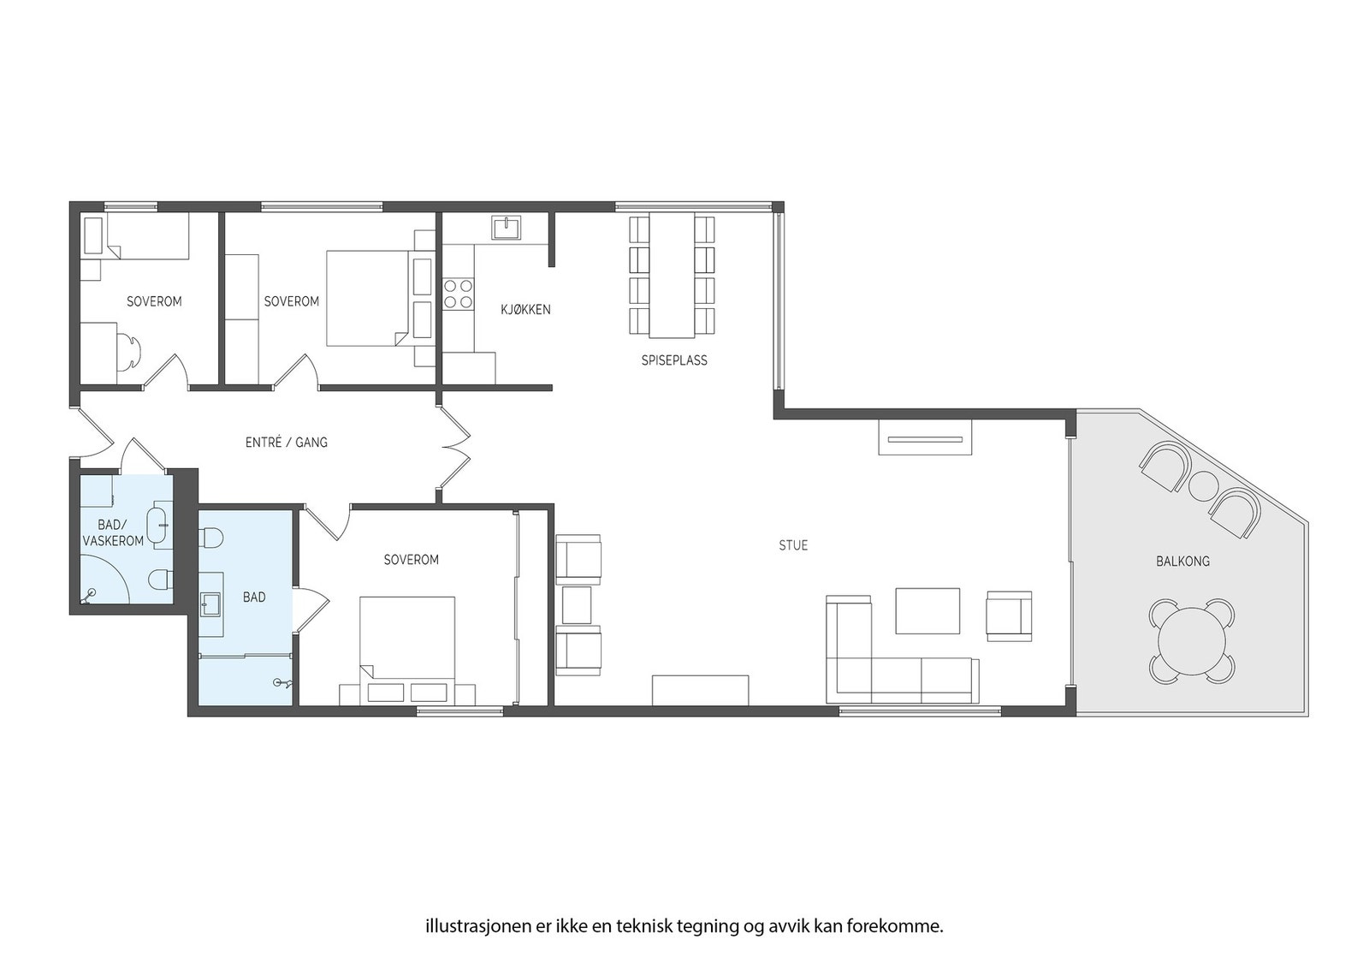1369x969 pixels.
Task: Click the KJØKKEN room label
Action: pos(525,309)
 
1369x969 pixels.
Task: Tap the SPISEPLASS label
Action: pos(674,360)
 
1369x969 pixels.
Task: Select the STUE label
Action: pos(792,545)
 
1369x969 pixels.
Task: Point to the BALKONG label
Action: pos(1182,562)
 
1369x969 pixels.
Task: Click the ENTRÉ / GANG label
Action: pos(286,443)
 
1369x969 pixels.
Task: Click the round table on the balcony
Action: pos(1192,642)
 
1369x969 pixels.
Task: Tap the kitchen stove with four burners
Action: pos(458,294)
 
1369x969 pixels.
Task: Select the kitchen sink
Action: pos(507,227)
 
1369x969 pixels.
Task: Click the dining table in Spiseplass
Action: pos(672,274)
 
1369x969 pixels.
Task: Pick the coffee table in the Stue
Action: pos(927,610)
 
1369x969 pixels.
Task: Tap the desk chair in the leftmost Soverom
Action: pos(129,352)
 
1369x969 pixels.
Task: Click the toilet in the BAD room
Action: pos(210,538)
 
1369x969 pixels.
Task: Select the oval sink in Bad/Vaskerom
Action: pos(158,524)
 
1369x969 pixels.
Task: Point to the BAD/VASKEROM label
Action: pos(113,532)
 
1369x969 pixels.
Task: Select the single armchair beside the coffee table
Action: pos(1009,615)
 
